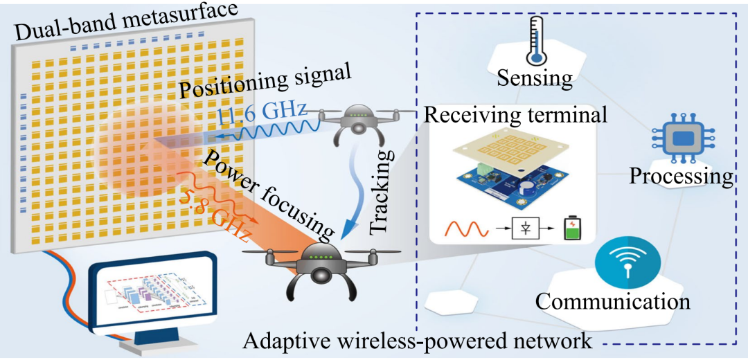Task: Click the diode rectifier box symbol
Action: [525, 228]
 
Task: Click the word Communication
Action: [613, 301]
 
